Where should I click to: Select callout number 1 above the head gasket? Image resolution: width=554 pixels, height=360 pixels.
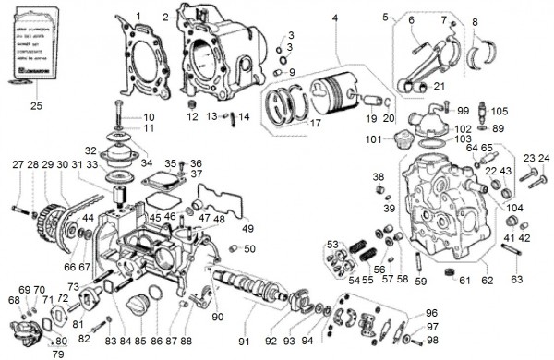coord(138,17)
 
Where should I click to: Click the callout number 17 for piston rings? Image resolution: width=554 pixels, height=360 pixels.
coord(315,121)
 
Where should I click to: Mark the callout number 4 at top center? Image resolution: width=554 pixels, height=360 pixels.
coord(335,18)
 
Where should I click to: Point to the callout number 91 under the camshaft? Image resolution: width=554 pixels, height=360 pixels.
coord(244,341)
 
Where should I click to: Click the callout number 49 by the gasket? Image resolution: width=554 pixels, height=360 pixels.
coord(247,228)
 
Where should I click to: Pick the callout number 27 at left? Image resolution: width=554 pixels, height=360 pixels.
coord(18,164)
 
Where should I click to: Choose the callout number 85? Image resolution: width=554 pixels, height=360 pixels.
coord(140,342)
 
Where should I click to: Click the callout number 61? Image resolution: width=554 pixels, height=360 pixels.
coord(464,280)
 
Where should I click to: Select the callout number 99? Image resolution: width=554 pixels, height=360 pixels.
coord(463,111)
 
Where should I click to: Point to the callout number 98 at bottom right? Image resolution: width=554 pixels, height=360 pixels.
coord(432,341)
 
